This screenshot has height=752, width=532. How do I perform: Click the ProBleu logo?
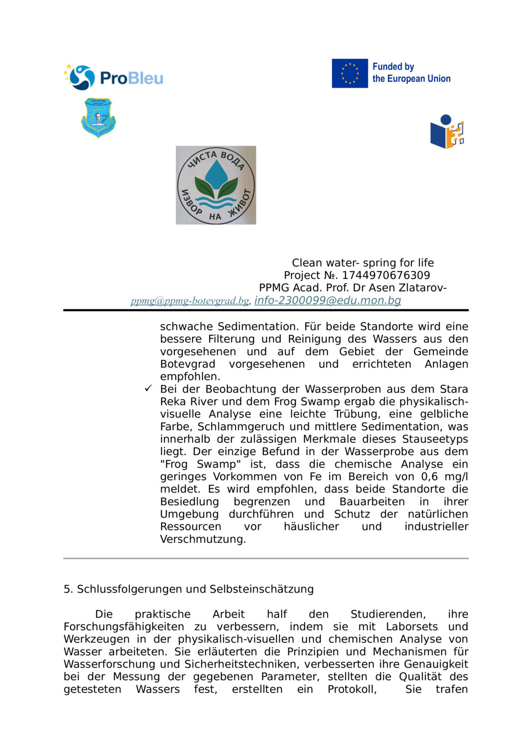(x=113, y=78)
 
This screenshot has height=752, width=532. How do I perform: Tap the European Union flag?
(x=350, y=73)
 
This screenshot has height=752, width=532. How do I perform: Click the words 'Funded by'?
(x=393, y=66)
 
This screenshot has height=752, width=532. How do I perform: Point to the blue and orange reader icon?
(x=447, y=132)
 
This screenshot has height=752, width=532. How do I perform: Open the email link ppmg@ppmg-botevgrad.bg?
(x=190, y=301)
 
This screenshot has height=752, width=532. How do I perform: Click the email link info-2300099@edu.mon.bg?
(x=328, y=300)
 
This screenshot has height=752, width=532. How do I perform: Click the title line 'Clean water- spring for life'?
(x=363, y=263)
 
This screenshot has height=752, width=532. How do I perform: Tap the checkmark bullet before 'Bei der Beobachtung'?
(x=148, y=388)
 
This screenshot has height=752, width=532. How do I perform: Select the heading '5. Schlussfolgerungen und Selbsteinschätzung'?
(x=189, y=589)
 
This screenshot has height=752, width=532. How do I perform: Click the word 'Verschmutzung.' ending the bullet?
(x=203, y=539)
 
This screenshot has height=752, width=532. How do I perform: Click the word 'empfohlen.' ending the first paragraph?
(x=190, y=377)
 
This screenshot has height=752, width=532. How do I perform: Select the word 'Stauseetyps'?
(x=435, y=439)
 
